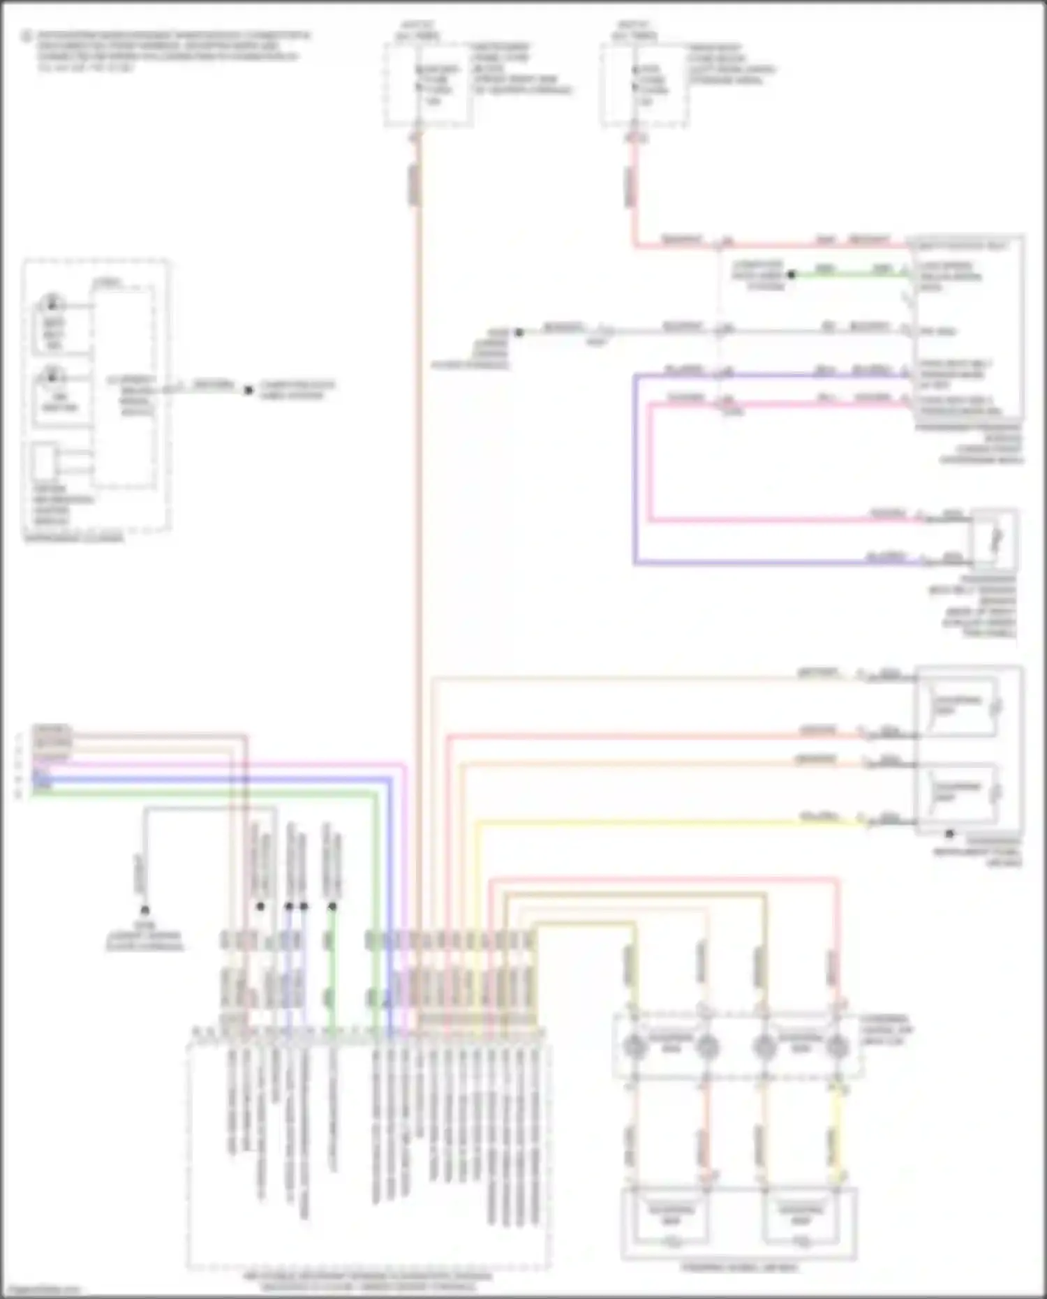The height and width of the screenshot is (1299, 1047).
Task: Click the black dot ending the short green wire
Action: pos(791,274)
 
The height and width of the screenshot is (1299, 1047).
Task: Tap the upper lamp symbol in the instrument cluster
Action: pos(52,304)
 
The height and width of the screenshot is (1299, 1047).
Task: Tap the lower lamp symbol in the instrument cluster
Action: pos(52,377)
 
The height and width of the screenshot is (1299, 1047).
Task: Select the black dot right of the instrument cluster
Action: pos(248,390)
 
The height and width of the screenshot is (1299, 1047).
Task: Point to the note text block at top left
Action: pos(168,51)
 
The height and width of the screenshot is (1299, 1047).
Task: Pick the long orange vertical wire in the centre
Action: pos(419,489)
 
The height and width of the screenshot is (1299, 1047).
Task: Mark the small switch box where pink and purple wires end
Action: pos(995,540)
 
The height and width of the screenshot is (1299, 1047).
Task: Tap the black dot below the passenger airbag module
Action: pos(949,833)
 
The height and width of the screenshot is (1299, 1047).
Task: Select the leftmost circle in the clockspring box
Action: pos(634,1046)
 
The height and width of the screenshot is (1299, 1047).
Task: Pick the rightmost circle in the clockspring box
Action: pos(837,1046)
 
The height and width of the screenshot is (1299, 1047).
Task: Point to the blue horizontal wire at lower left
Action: pos(209,778)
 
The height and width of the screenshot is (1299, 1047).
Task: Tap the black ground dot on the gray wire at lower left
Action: pos(144,910)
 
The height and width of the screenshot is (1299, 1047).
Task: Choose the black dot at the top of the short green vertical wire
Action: pos(332,907)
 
